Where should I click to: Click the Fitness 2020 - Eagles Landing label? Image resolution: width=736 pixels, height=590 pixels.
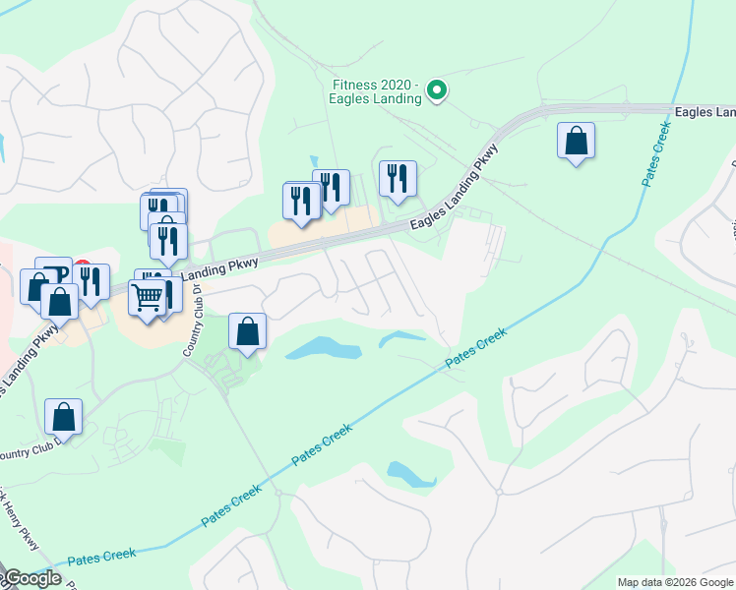(x=376, y=90)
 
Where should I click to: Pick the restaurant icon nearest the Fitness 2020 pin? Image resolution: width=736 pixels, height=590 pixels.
(x=398, y=178)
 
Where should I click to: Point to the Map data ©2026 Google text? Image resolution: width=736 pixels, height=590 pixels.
(x=675, y=582)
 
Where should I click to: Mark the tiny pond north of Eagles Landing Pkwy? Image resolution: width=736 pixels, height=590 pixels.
(x=313, y=161)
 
